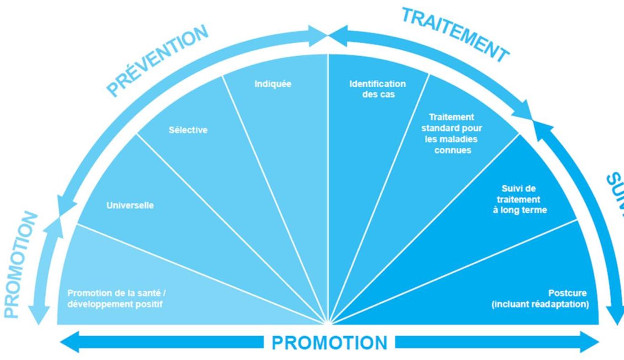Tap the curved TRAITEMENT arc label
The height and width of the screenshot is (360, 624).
(455, 35)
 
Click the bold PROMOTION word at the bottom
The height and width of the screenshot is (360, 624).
(329, 343)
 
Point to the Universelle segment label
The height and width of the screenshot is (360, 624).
(130, 206)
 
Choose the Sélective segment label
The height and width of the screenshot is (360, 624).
(188, 130)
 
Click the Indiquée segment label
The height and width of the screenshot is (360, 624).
(273, 84)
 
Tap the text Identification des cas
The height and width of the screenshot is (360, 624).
(377, 89)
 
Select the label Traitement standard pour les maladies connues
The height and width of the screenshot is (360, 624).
(451, 133)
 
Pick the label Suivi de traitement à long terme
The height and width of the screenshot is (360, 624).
(519, 199)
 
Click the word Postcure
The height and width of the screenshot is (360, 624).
(567, 293)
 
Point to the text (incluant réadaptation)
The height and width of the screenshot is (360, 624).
(540, 304)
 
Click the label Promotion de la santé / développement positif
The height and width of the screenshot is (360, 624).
(120, 298)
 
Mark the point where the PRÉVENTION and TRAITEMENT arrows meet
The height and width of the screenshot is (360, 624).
(328, 36)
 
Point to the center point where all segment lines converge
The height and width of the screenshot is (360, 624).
(328, 323)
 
